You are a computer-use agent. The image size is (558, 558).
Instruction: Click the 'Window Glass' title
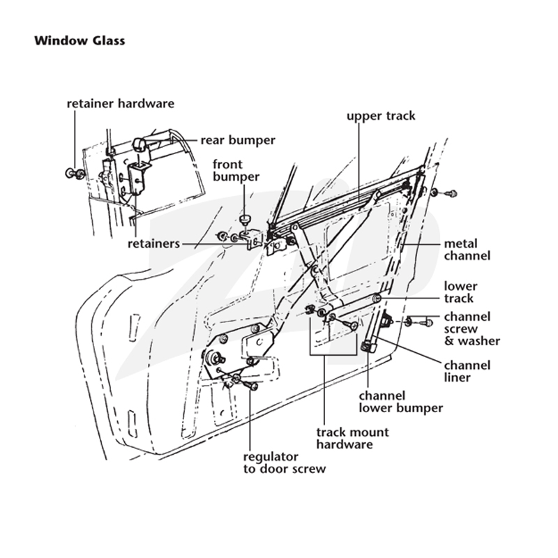pos(80,40)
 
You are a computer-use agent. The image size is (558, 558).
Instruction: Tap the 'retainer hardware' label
pos(121,103)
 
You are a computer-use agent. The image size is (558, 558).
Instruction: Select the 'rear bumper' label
pos(238,140)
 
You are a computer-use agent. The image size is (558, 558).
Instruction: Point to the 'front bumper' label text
pos(236,170)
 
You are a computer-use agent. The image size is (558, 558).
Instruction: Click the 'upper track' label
pos(381,116)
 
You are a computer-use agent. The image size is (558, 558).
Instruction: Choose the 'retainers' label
pos(153,243)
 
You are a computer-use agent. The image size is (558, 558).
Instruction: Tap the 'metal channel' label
pos(467,250)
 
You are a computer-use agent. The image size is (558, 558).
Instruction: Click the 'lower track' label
pos(460,292)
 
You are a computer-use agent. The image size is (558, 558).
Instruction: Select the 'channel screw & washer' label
pos(472,329)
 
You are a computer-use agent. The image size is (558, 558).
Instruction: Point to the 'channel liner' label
pos(467,372)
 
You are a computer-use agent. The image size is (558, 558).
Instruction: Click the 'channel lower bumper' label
pos(400,402)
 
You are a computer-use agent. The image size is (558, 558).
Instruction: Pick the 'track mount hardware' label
pos(352,439)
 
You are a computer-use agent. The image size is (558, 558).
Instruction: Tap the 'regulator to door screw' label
pos(285,462)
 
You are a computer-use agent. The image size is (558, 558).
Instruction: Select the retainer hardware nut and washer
pos(75,173)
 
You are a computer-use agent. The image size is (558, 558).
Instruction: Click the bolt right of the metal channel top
pos(444,194)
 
